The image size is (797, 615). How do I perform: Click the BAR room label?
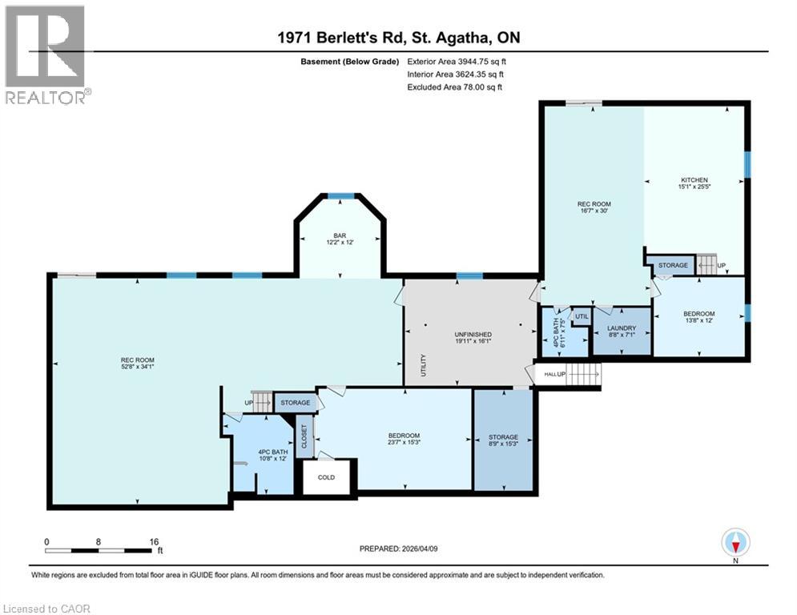(340, 235)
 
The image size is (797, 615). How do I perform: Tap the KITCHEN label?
(694, 180)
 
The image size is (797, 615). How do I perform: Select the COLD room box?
(326, 477)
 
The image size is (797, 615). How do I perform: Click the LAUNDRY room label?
(621, 328)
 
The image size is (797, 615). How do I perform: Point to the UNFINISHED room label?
(473, 334)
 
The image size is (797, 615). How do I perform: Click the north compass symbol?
(735, 542)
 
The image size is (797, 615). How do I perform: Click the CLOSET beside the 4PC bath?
(304, 436)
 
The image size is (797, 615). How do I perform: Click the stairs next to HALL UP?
(583, 374)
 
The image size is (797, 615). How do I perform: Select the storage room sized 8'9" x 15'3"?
(503, 440)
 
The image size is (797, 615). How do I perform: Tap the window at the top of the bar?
(342, 195)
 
